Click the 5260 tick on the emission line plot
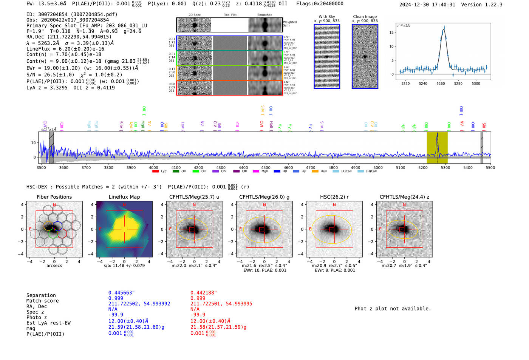[441, 83]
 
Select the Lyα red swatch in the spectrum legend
[155, 172]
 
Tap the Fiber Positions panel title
[54, 197]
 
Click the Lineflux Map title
[124, 197]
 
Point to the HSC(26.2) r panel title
[334, 197]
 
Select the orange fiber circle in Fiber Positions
[48, 226]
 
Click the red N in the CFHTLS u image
[194, 205]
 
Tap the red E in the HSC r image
[310, 229]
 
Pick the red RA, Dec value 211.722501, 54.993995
[221, 304]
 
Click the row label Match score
[42, 301]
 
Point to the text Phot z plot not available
[393, 309]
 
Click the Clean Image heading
[365, 17]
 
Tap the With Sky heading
[326, 17]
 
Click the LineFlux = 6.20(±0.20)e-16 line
[65, 49]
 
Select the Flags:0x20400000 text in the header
[320, 4]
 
